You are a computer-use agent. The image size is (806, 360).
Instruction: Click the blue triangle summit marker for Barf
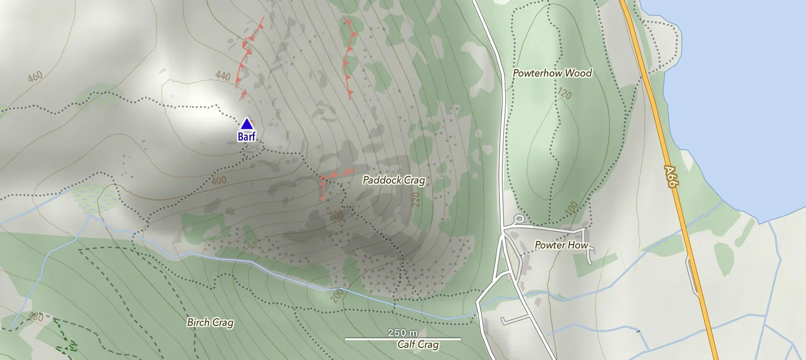click(246, 124)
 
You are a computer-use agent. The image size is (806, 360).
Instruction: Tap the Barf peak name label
click(247, 136)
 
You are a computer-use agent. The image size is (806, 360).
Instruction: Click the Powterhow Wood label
click(552, 73)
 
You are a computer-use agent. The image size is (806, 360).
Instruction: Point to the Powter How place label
click(561, 245)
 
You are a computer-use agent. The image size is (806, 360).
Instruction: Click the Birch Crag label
click(210, 322)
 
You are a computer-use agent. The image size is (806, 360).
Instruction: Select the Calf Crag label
click(418, 345)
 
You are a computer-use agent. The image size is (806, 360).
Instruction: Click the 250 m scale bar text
click(402, 332)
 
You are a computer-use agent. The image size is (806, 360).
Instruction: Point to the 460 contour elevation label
click(34, 77)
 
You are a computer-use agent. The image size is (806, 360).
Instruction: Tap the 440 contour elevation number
click(223, 76)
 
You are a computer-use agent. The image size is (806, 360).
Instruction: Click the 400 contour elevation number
click(219, 181)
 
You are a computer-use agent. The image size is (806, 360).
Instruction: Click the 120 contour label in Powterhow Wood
click(564, 94)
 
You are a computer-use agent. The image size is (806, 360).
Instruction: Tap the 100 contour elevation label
click(571, 208)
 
